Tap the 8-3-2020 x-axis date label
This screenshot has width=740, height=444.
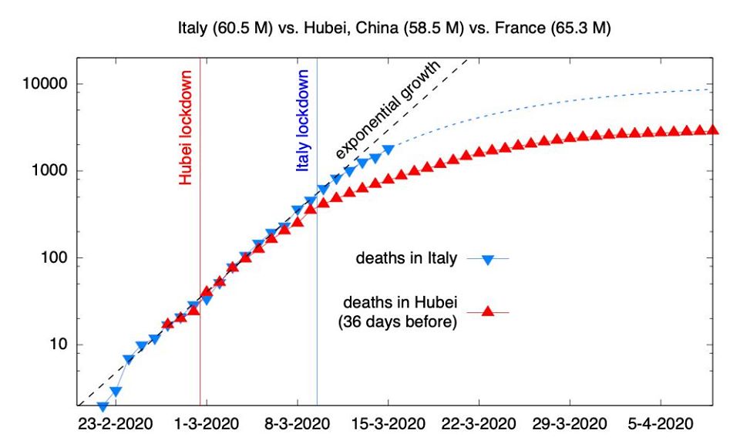298,425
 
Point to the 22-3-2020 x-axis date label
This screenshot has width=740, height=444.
479,425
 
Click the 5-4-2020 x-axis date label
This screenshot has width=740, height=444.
660,425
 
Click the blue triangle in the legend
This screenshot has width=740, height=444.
487,260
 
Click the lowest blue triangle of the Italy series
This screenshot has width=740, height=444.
103,406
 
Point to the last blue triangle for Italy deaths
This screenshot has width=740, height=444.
388,149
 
